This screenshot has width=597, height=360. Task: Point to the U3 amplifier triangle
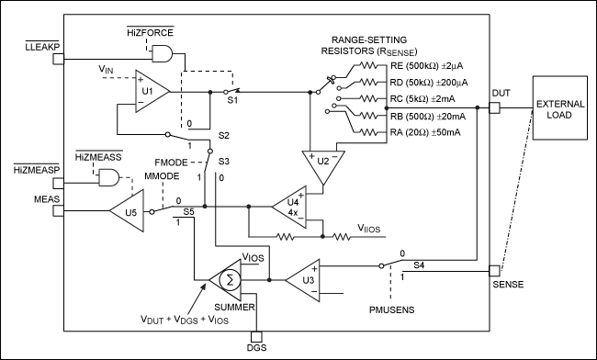302,276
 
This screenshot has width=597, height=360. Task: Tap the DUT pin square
493,108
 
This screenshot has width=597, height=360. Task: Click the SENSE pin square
493,271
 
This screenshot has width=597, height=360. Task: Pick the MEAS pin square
57,211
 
